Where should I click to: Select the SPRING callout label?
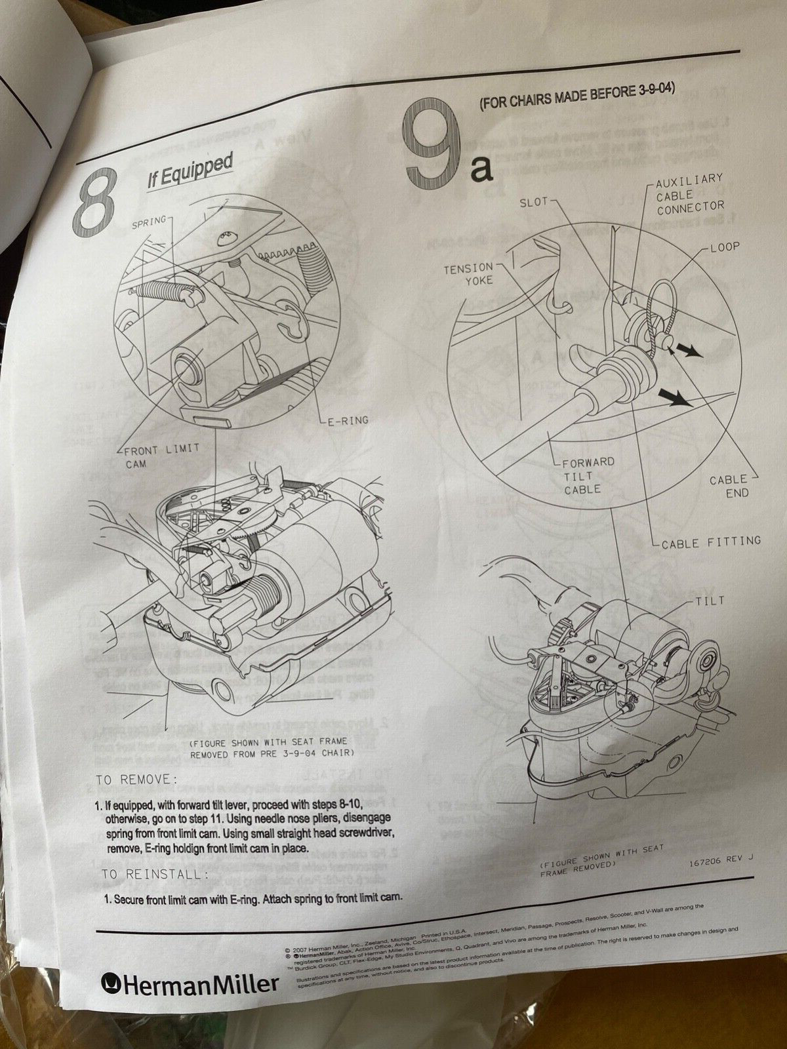(150, 223)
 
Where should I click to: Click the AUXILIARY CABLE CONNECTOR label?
(690, 193)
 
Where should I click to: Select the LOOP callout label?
(724, 247)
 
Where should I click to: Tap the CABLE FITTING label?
(711, 542)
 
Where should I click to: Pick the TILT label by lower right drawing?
(711, 601)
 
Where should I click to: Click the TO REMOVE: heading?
(136, 780)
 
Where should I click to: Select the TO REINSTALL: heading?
(155, 874)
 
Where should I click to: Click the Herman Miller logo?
(190, 983)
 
